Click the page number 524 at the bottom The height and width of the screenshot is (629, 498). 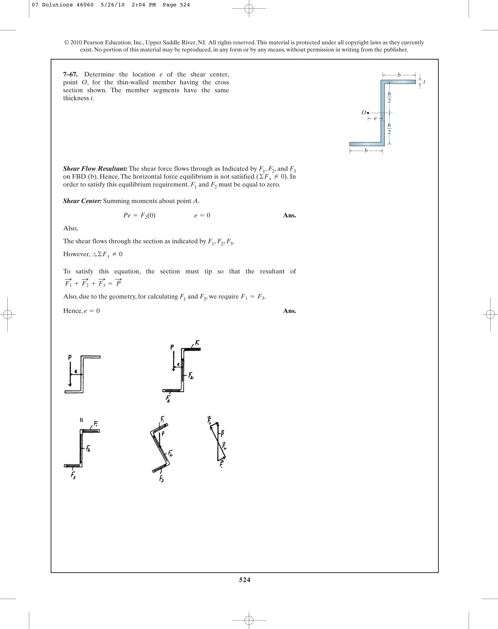(x=245, y=579)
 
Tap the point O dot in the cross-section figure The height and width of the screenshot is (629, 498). (x=368, y=113)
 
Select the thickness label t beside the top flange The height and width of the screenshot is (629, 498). (x=424, y=82)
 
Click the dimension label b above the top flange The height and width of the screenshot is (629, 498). (x=399, y=75)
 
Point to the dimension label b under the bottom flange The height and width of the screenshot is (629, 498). (x=366, y=151)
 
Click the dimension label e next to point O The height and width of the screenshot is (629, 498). (x=375, y=118)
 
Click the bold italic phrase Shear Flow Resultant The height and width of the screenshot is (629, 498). (x=95, y=169)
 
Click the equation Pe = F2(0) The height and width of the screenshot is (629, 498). (x=139, y=215)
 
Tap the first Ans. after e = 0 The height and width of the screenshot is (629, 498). (x=289, y=215)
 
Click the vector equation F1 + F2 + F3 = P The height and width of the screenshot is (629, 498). (x=93, y=283)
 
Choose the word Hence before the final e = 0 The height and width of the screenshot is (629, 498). (x=73, y=311)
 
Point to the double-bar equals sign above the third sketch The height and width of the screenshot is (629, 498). (x=81, y=420)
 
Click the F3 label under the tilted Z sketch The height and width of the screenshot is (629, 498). (x=161, y=479)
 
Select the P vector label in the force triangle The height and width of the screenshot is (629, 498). (x=222, y=434)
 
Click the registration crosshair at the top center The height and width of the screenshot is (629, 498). (x=249, y=9)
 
